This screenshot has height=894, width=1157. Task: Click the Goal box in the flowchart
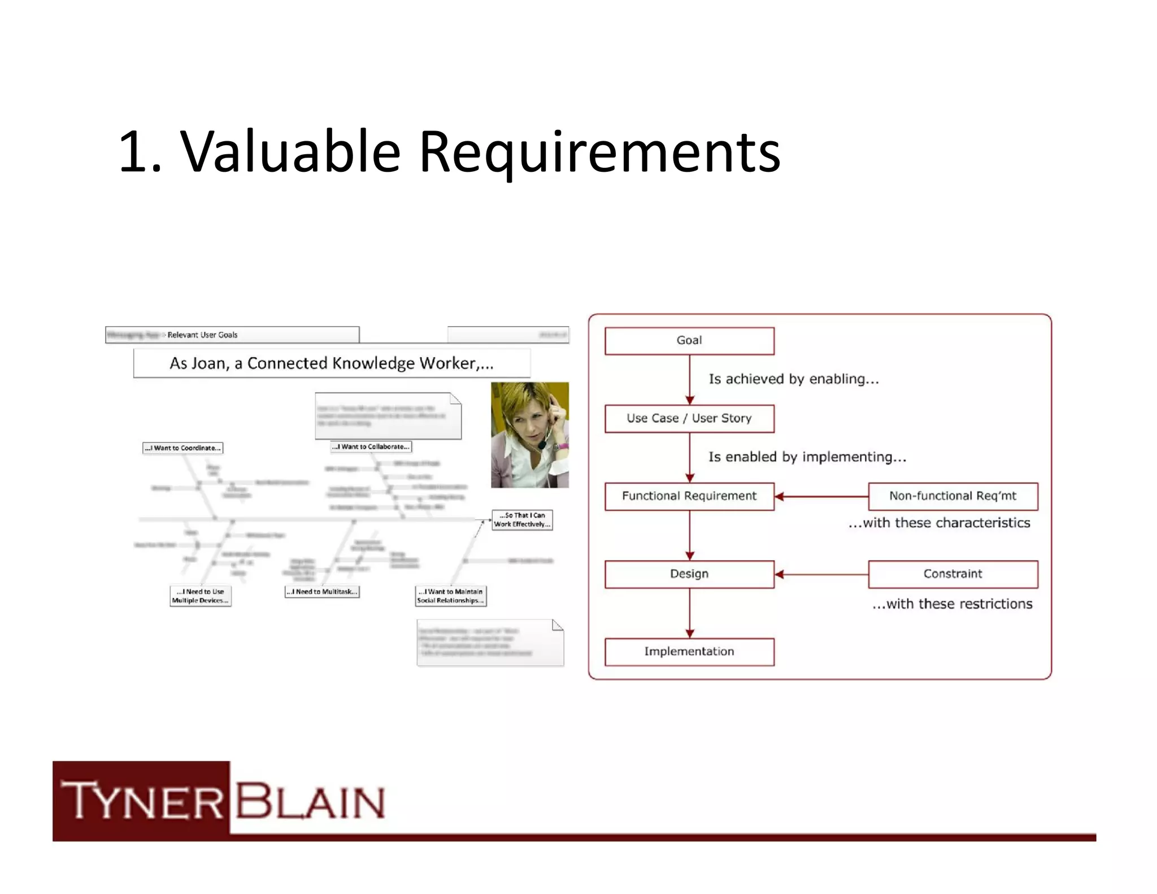689,341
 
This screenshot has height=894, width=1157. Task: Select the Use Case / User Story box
689,419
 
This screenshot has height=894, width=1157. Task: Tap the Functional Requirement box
689,496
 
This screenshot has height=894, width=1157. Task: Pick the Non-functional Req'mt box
952,496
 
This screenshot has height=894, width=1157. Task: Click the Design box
689,574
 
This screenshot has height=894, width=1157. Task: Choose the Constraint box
952,574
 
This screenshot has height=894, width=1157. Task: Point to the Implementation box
689,652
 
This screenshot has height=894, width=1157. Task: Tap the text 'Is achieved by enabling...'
794,379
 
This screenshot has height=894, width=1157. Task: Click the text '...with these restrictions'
952,604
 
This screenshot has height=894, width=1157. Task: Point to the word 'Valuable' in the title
290,151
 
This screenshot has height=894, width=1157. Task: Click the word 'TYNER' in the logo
142,800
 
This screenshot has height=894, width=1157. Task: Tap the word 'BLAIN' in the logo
310,800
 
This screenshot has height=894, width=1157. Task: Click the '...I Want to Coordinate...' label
182,448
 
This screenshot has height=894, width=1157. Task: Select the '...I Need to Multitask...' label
321,592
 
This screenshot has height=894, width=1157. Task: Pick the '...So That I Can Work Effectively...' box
522,520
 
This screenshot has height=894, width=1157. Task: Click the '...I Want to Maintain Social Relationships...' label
450,596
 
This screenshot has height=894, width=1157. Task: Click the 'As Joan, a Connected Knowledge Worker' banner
332,363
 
